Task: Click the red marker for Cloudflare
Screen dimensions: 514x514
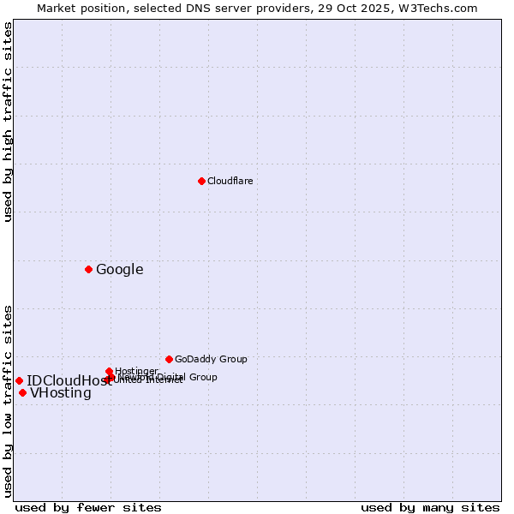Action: tap(201, 181)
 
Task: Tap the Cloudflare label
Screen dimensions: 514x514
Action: tap(230, 181)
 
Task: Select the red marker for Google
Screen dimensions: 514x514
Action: tap(88, 269)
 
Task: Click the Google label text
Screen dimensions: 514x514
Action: tap(120, 270)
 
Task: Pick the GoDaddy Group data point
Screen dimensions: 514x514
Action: tap(169, 359)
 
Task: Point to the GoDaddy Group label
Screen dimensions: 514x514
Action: tap(211, 359)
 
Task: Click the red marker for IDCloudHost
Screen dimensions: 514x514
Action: tap(19, 380)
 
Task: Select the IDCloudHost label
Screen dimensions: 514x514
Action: tap(69, 381)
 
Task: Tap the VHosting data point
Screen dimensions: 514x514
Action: tap(22, 392)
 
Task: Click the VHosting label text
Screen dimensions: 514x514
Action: tap(61, 393)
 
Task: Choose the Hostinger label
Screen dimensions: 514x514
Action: tap(136, 371)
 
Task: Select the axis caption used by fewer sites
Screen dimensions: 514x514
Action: tap(88, 507)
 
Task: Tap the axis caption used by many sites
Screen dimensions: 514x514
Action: tap(430, 507)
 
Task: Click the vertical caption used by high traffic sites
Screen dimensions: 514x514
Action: tap(8, 122)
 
